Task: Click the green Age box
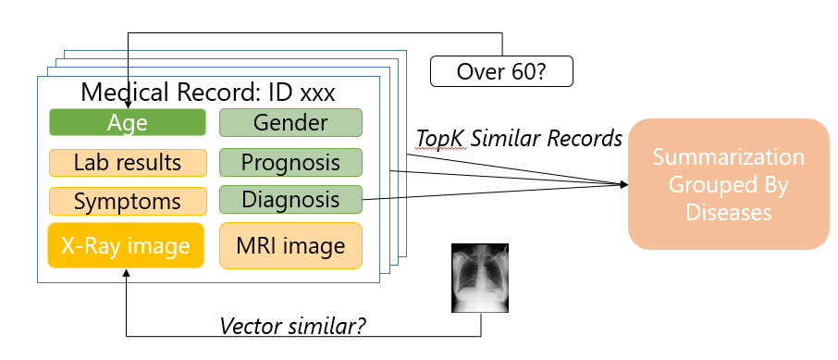127,123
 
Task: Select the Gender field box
290,123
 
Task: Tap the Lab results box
127,163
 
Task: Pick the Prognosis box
290,162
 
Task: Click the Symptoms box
127,201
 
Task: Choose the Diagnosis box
290,199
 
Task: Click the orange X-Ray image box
125,246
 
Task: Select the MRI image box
290,246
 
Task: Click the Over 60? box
501,70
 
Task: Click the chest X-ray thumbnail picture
480,275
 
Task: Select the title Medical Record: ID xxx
207,93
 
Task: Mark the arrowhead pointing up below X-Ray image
127,274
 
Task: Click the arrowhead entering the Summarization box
624,184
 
